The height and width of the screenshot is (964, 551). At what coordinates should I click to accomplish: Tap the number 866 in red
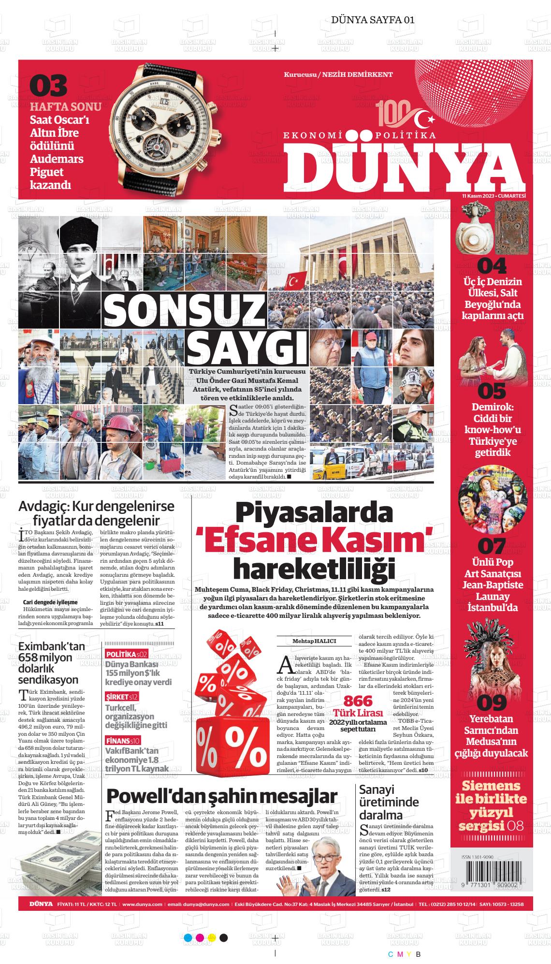pos(358,701)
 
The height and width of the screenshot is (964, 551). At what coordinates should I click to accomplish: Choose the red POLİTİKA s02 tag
pos(126,655)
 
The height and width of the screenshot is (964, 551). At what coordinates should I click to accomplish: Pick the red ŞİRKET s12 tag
pos(122,697)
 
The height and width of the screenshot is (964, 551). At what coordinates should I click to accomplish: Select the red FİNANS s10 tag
pos(123,740)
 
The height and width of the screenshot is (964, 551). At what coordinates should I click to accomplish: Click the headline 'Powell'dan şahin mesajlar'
pos(221,796)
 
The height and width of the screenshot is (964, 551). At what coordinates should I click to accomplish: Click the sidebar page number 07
pos(492,547)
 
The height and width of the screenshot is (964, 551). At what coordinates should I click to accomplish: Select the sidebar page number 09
pos(492,702)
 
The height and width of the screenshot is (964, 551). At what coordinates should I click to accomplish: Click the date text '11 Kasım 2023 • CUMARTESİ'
pos(493,195)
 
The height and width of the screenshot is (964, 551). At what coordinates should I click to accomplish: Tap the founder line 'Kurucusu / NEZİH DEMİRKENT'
pos(338,74)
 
